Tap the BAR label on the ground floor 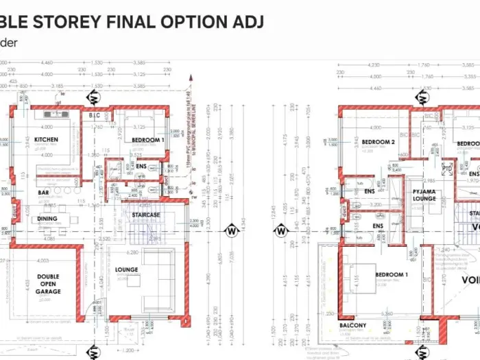click(x=43, y=193)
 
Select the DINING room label click(x=47, y=219)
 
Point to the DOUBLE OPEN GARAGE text click(x=48, y=285)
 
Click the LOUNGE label click(x=126, y=270)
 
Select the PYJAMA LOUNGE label click(x=424, y=195)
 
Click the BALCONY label click(x=352, y=325)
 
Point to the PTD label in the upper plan click(x=447, y=168)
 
